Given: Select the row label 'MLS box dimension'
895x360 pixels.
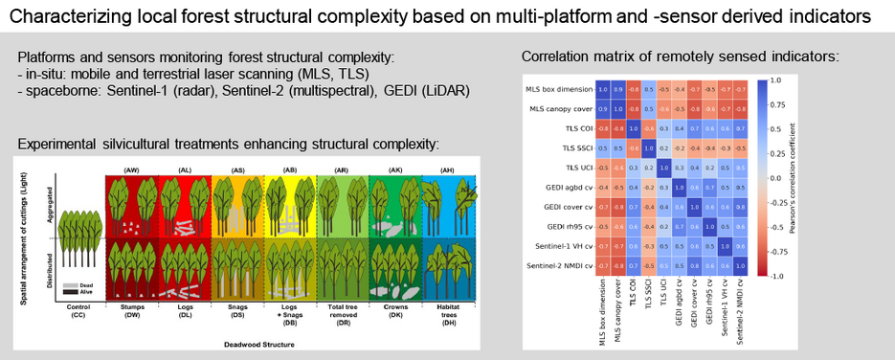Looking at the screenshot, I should tap(560, 89).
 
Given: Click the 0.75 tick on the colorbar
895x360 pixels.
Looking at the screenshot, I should tap(776, 104).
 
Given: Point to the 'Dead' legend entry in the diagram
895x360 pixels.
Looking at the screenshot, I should tap(80, 286).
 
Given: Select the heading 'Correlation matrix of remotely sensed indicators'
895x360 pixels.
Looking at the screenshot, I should tap(680, 57).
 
